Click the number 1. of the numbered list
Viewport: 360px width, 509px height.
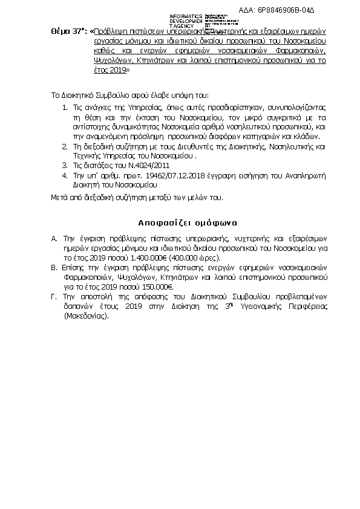point(65,106)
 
